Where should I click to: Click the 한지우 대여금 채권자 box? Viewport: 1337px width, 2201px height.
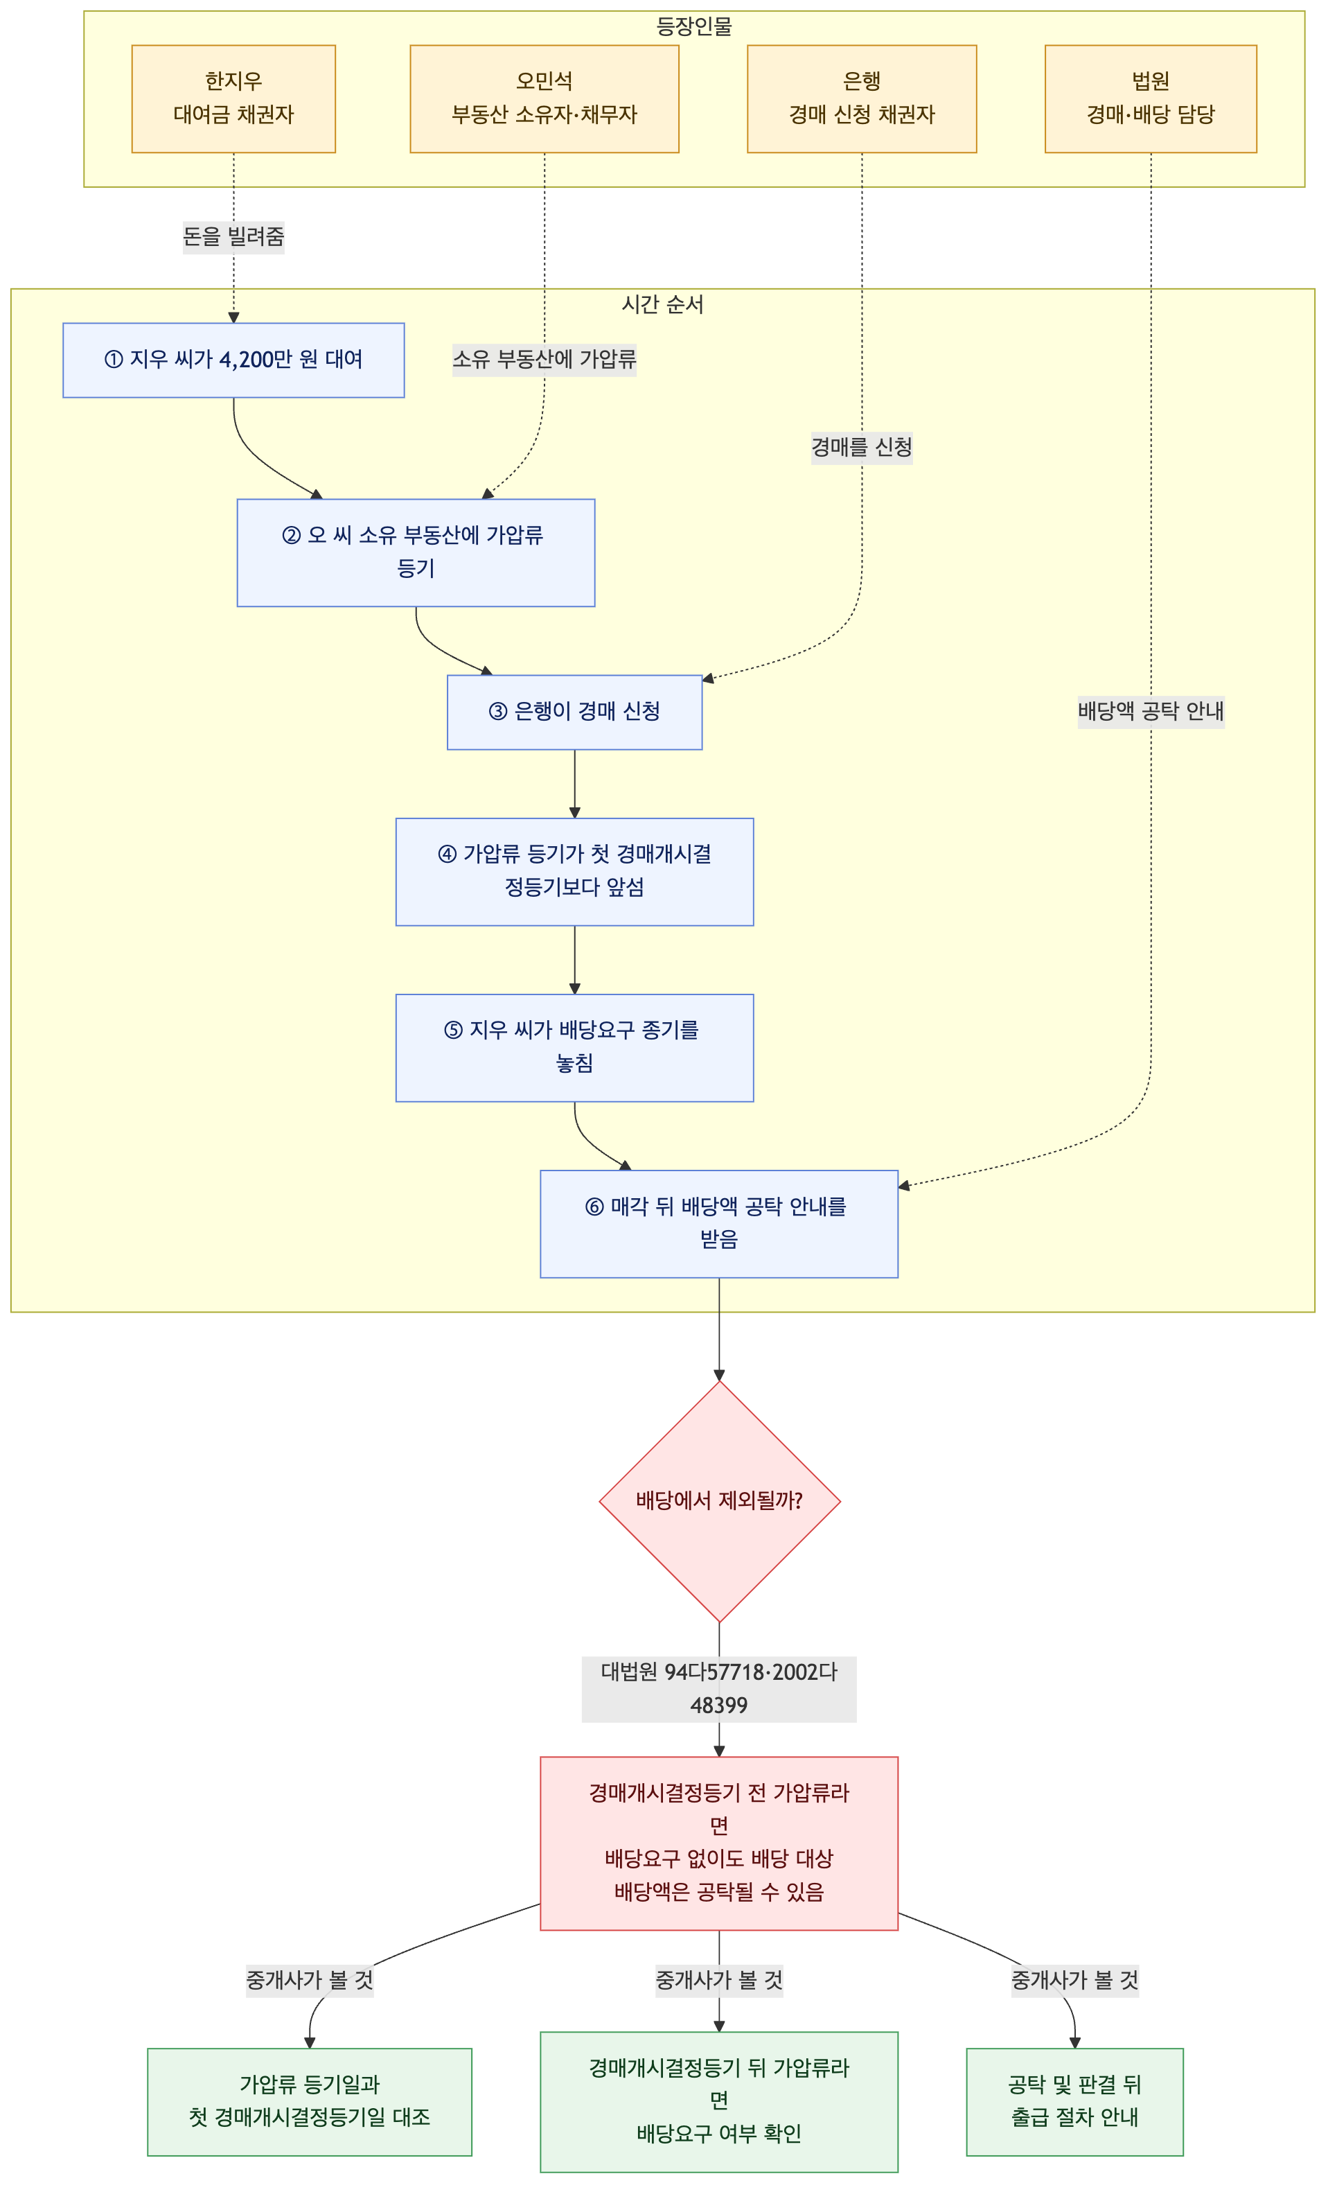(x=233, y=98)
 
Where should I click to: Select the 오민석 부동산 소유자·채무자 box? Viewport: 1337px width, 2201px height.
(x=544, y=98)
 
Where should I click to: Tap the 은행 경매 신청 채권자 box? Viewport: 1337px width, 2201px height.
(x=861, y=98)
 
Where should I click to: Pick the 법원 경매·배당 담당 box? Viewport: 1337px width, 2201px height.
(x=1151, y=98)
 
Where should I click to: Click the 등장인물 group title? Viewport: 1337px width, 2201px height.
(x=694, y=26)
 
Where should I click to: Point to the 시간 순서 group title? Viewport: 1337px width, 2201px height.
(x=663, y=305)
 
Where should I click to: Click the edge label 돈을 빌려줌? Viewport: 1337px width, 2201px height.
(x=233, y=237)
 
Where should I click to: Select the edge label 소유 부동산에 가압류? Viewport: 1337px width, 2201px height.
(x=544, y=359)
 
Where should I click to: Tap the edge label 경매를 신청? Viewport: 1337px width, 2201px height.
(x=861, y=446)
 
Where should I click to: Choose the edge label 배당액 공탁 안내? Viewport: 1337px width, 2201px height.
(x=1151, y=711)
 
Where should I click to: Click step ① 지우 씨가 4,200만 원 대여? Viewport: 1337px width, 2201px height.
(x=233, y=360)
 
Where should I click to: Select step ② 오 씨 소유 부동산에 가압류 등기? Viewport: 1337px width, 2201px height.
(x=415, y=552)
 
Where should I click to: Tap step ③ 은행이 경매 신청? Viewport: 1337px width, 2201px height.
(x=574, y=712)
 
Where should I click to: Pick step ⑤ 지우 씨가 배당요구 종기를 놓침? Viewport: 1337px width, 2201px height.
(x=574, y=1048)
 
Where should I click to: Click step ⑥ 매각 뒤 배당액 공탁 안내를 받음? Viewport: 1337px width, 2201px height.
(x=719, y=1224)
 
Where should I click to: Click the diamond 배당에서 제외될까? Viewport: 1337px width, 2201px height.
(x=719, y=1502)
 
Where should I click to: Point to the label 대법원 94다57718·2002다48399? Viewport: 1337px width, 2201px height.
(x=719, y=1689)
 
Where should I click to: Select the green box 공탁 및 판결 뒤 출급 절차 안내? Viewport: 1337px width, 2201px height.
(x=1074, y=2102)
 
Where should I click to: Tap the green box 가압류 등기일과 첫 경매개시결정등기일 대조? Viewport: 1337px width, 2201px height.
(x=309, y=2102)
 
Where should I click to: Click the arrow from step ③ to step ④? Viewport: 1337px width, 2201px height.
(x=574, y=783)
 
